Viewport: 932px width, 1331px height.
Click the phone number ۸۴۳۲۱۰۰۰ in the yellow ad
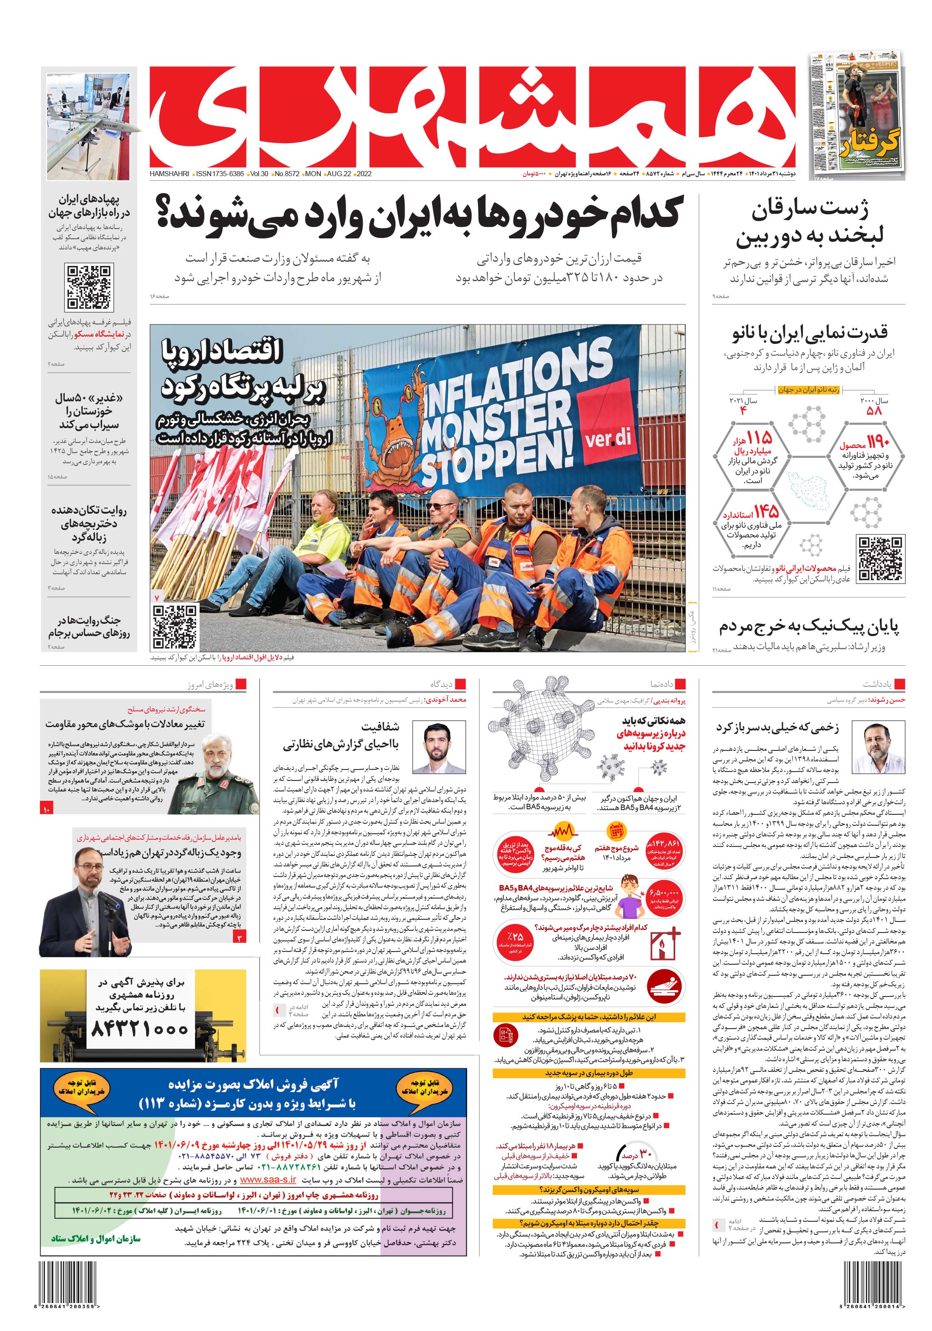139,1028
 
